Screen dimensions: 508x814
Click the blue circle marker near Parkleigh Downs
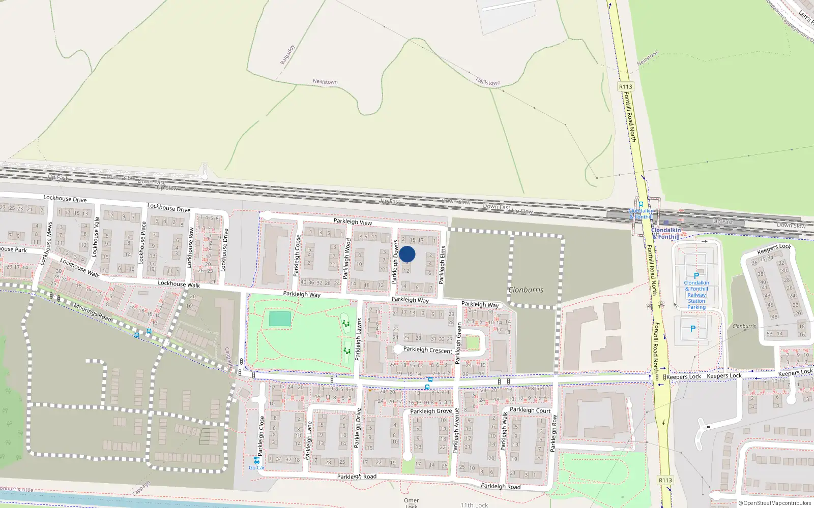(407, 254)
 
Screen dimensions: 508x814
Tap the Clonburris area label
(526, 290)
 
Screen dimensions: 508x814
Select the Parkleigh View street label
(353, 221)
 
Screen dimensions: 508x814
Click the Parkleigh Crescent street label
(427, 350)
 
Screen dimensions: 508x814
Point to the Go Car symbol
(256, 461)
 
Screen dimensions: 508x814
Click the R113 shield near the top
(625, 87)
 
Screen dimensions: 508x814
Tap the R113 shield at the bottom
(665, 480)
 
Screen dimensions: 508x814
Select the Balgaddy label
(287, 55)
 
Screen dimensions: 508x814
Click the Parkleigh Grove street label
(431, 411)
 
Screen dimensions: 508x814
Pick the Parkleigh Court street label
(530, 410)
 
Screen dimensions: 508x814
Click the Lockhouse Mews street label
(46, 243)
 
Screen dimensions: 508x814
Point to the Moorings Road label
(93, 312)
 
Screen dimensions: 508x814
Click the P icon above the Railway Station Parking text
(696, 276)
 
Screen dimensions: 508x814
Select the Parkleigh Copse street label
(298, 256)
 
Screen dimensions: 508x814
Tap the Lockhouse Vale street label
(95, 236)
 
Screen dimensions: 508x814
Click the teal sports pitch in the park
(280, 319)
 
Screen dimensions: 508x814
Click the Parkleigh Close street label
(261, 435)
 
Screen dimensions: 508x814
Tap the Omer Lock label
(411, 502)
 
